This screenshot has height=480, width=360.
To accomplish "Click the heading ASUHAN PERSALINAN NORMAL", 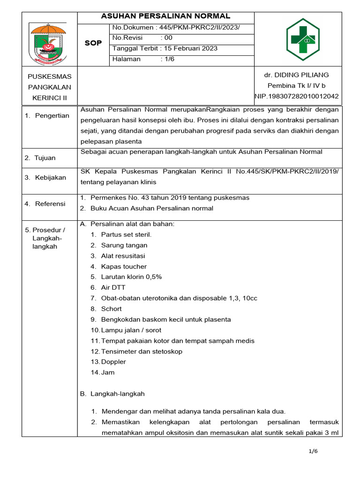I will pyautogui.click(x=165, y=16).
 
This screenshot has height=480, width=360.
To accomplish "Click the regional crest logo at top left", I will pyautogui.click(x=49, y=43).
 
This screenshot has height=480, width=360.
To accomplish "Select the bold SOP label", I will pyautogui.click(x=93, y=43).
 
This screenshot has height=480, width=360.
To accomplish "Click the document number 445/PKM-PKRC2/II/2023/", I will pyautogui.click(x=202, y=28).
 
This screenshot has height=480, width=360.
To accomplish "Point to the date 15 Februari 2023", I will pyautogui.click(x=189, y=48).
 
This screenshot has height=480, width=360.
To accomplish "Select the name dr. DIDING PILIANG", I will pyautogui.click(x=297, y=75).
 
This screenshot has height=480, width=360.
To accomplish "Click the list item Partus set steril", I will pyautogui.click(x=126, y=234).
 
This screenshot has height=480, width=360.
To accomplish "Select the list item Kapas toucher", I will pyautogui.click(x=124, y=266).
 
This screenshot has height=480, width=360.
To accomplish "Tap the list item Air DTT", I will pyautogui.click(x=113, y=287).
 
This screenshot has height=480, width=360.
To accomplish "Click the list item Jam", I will pyautogui.click(x=108, y=373).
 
